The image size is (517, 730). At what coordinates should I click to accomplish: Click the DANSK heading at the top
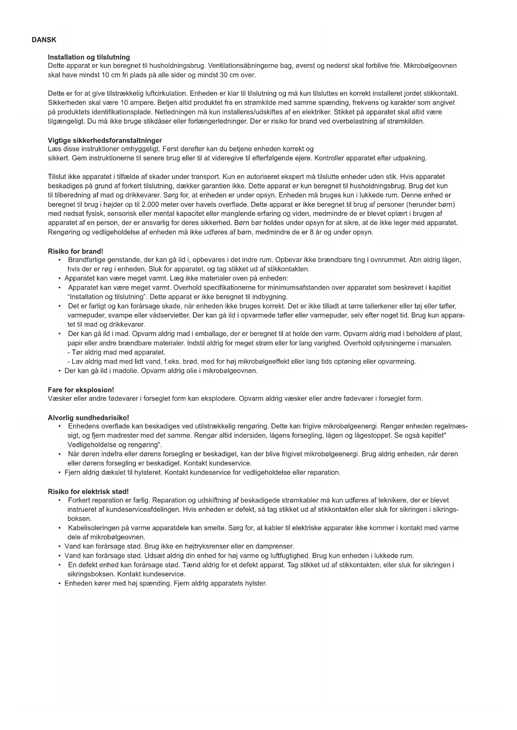pos(44,40)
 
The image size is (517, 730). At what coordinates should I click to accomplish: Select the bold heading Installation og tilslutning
pos(89,57)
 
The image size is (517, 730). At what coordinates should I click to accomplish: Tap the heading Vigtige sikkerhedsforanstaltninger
pos(105,140)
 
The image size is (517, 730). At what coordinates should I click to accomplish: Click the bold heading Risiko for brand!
pos(75,251)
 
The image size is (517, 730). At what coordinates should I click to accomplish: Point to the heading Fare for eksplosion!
pos(81,390)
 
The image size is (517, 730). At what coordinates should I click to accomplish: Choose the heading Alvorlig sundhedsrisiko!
pos(88,417)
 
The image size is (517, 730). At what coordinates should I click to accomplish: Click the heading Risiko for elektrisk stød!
pos(88,492)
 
